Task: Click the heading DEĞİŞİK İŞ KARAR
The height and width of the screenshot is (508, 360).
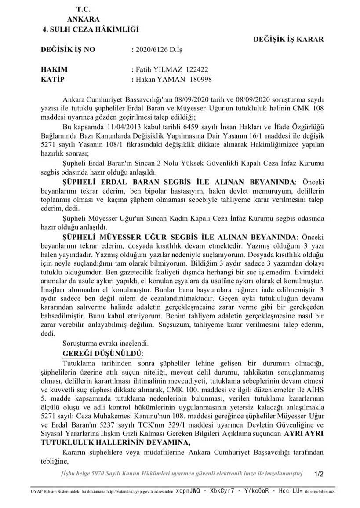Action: [288, 39]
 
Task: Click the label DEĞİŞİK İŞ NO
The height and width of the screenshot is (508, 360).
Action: [67, 50]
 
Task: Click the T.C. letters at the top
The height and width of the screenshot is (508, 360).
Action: [84, 9]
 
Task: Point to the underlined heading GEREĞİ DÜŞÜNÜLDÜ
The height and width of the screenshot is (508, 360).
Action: [103, 353]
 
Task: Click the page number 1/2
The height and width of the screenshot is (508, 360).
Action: [319, 474]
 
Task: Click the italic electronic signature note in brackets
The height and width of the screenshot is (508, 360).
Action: [182, 473]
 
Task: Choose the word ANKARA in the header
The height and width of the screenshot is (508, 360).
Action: [84, 19]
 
